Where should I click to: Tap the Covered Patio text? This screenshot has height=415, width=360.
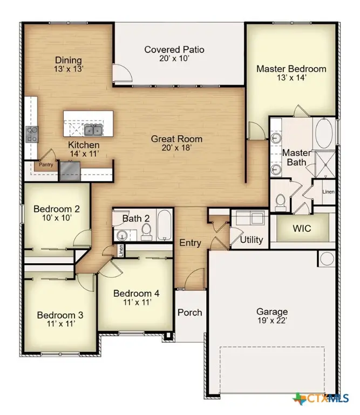pyautogui.click(x=174, y=50)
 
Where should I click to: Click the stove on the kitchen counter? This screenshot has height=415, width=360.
pyautogui.click(x=32, y=134)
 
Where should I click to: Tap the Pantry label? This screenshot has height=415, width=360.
pyautogui.click(x=45, y=165)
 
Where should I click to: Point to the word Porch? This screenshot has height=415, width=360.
pyautogui.click(x=190, y=312)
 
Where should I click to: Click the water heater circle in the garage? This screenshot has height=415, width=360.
pyautogui.click(x=327, y=259)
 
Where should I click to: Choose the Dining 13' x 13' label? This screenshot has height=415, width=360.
pyautogui.click(x=68, y=64)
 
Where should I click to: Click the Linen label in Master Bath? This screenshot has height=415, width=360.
pyautogui.click(x=328, y=192)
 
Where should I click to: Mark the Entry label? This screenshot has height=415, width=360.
pyautogui.click(x=190, y=243)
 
